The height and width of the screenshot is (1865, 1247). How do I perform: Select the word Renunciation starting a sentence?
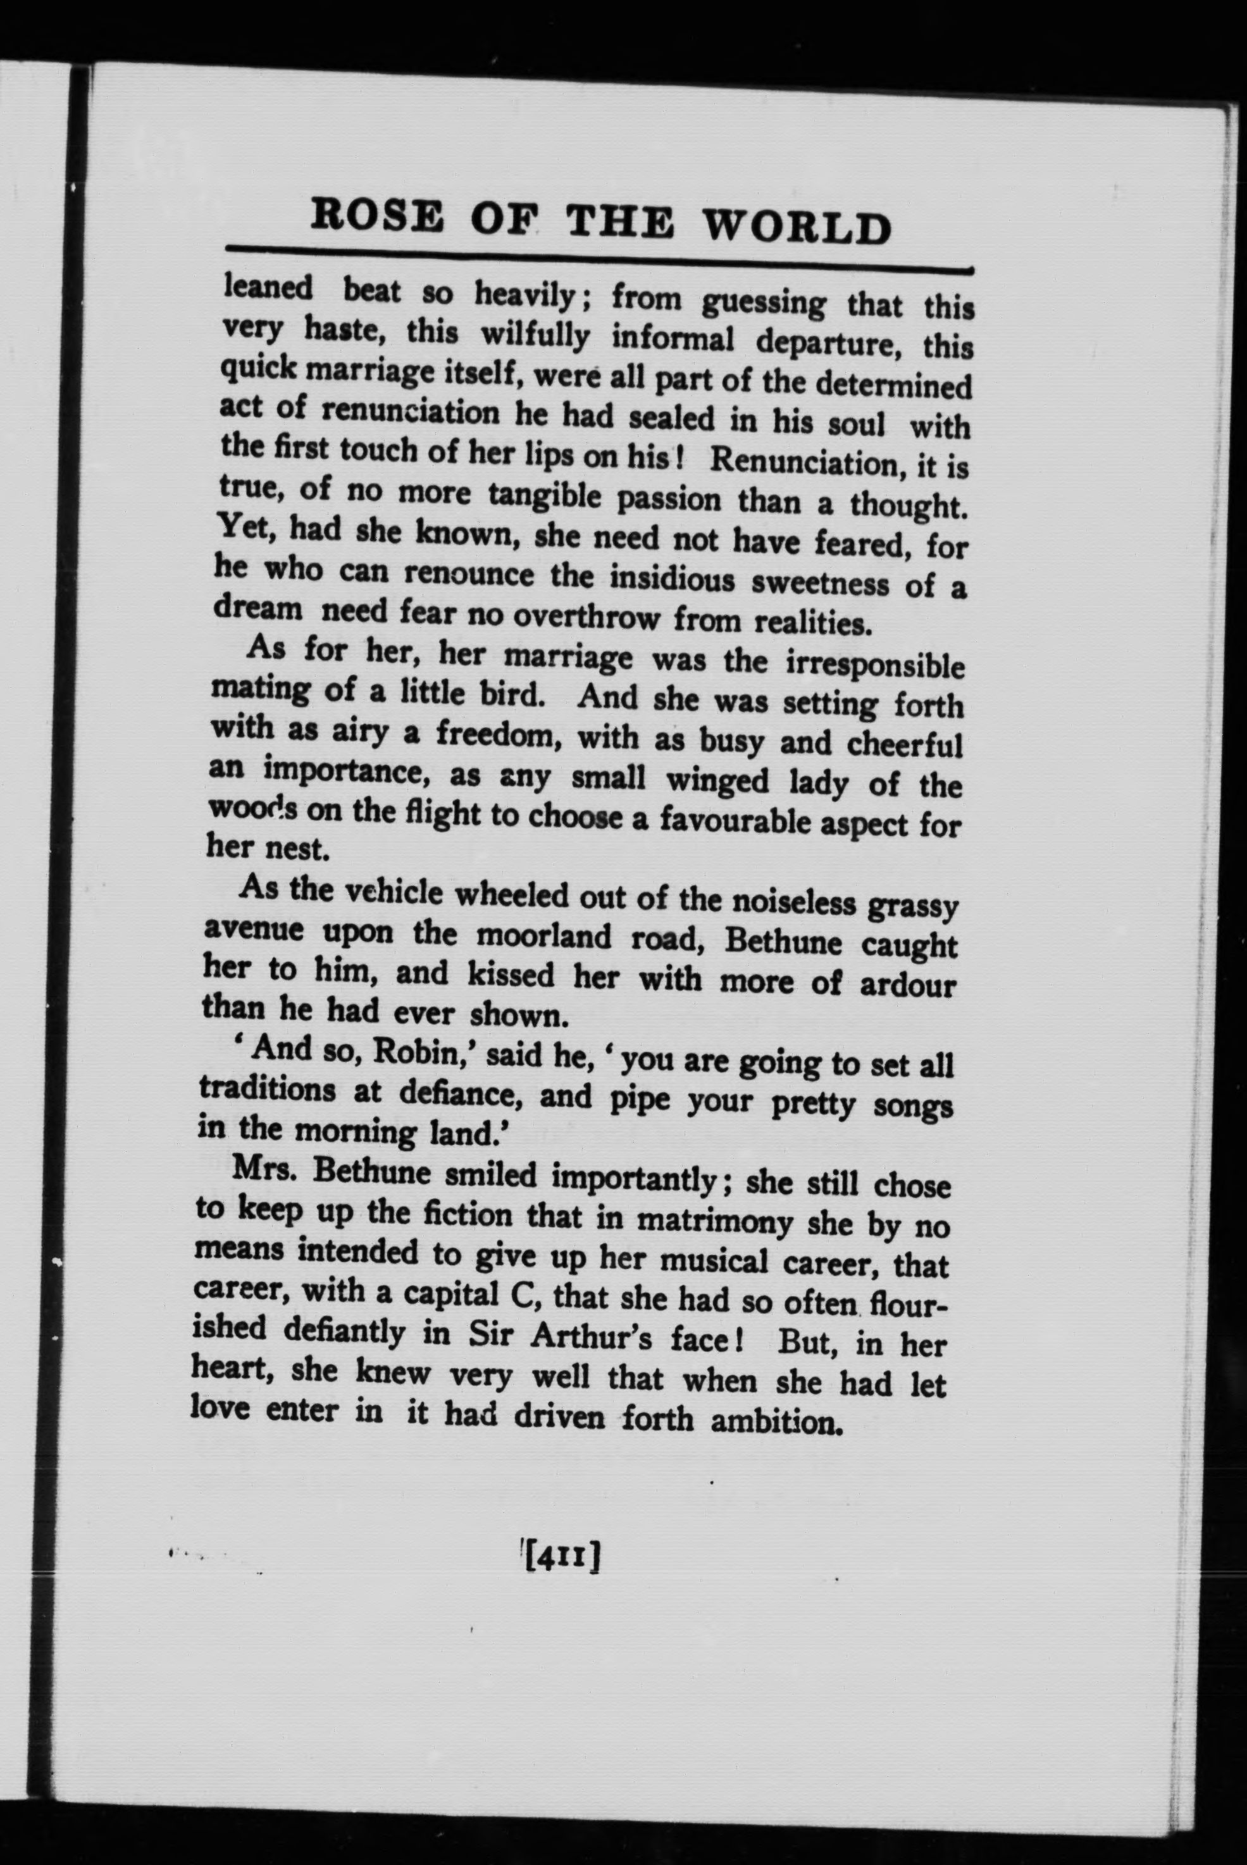coord(803,462)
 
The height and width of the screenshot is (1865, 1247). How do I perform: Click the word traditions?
coord(267,1090)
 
